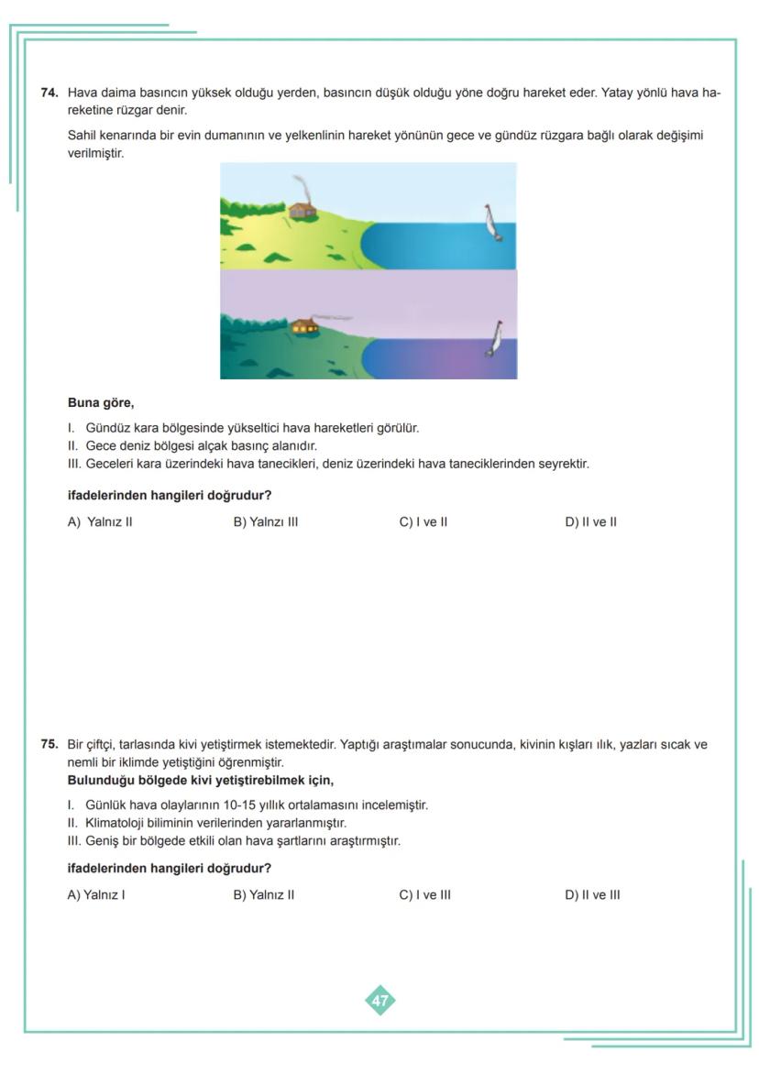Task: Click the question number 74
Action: [49, 93]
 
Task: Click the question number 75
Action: [49, 745]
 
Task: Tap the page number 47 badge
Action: [379, 1001]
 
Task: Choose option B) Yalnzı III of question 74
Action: [265, 522]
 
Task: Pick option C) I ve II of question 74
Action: [423, 522]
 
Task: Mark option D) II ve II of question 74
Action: [590, 522]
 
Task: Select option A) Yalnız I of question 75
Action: [95, 895]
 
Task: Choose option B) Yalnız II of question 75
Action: [263, 895]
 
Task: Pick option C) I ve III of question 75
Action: [424, 895]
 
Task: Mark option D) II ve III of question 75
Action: [592, 895]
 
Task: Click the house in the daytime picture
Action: [302, 211]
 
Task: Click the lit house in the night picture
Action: [304, 325]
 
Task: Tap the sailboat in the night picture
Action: [495, 339]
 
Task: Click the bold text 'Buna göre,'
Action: [101, 402]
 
